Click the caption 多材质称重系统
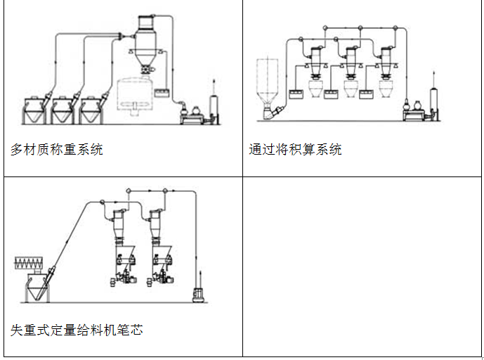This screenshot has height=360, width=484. tap(57, 149)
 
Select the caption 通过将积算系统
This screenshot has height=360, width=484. tap(296, 149)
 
